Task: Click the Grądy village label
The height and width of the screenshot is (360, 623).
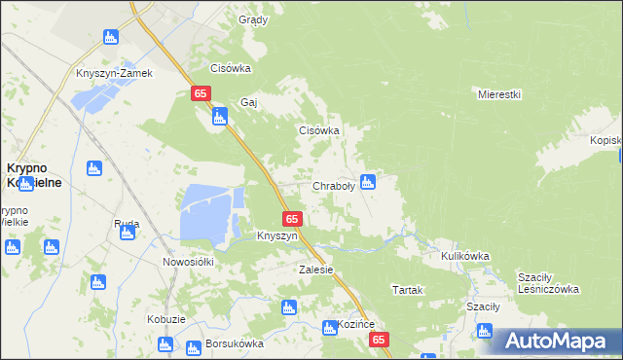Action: point(253,19)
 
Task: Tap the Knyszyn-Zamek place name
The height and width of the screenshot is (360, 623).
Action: point(115,73)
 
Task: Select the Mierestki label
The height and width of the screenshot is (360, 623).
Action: point(500,94)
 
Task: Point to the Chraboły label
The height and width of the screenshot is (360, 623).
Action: point(333,186)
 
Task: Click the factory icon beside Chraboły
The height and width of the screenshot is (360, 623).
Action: point(368,181)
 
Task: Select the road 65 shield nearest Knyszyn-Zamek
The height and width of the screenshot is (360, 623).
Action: point(200,93)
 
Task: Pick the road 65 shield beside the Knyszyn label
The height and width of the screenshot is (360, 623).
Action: point(293,219)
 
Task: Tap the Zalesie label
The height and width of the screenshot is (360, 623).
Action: point(316,270)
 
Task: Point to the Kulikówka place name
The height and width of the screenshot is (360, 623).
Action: point(464,256)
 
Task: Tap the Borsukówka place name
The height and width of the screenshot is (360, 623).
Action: point(235,343)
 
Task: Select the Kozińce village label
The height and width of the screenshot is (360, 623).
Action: point(355,325)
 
